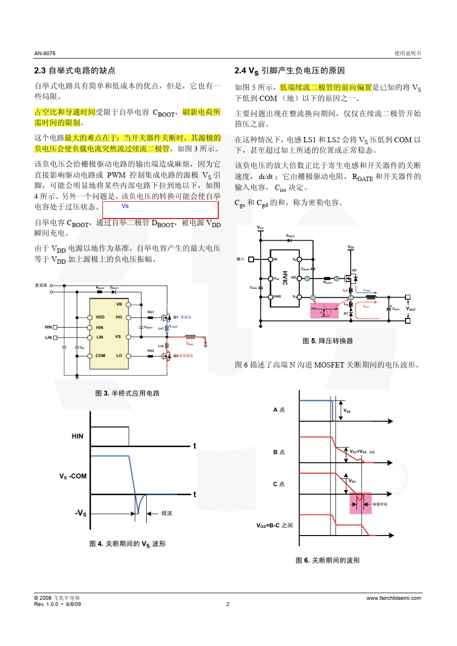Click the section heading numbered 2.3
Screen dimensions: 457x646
click(75, 71)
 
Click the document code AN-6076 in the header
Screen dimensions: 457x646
click(45, 53)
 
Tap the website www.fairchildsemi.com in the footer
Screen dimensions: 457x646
click(394, 598)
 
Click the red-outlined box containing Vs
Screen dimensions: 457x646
click(161, 210)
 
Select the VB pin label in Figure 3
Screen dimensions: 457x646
click(119, 304)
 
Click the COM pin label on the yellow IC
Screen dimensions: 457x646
click(100, 356)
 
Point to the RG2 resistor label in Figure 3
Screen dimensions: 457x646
click(151, 351)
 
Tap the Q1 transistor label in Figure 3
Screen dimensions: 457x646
click(176, 317)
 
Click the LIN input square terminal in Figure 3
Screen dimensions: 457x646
click(55, 338)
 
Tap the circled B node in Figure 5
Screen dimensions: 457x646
click(337, 279)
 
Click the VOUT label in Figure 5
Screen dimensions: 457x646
click(411, 309)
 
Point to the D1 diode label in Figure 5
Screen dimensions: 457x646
click(346, 313)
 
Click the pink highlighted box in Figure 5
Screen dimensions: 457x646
click(324, 310)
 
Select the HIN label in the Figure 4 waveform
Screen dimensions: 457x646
click(77, 436)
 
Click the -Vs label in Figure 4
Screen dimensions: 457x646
click(80, 513)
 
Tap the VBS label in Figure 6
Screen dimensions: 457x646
click(347, 411)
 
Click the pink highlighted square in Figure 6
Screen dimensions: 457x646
click(360, 503)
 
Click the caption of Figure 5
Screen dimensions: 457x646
click(328, 341)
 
